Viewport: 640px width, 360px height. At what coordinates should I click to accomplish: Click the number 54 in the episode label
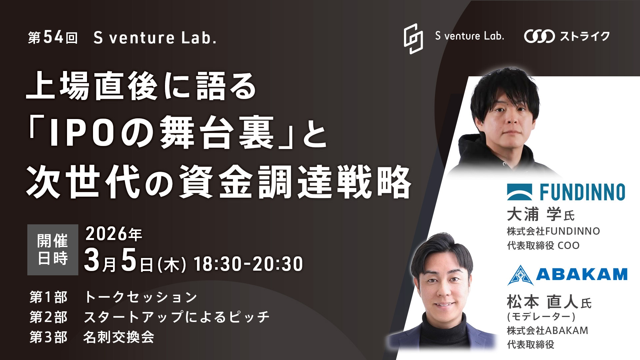coord(53,37)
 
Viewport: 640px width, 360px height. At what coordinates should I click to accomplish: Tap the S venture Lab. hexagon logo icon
coord(413,39)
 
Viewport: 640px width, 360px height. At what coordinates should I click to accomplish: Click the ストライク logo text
coord(585,36)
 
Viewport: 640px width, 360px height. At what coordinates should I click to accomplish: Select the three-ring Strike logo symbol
coord(539,36)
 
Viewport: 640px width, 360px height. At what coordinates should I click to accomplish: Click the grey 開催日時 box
coord(53,250)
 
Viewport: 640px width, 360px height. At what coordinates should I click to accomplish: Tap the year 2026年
coord(114,234)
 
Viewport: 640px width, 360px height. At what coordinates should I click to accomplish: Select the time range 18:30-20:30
coord(248,264)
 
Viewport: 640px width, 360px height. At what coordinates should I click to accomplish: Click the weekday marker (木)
coord(172,265)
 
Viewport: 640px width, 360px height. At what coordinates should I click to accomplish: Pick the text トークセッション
coord(141,297)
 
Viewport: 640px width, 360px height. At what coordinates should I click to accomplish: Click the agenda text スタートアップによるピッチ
coord(176,317)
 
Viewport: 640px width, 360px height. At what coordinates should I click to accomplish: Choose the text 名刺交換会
coord(119,337)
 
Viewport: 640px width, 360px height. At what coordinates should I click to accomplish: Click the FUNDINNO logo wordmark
coord(582,192)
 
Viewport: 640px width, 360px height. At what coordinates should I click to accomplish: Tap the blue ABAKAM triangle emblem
coord(520,275)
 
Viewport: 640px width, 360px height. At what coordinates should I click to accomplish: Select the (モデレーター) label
coord(541,316)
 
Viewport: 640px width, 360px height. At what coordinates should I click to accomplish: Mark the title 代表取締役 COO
coord(543,245)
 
